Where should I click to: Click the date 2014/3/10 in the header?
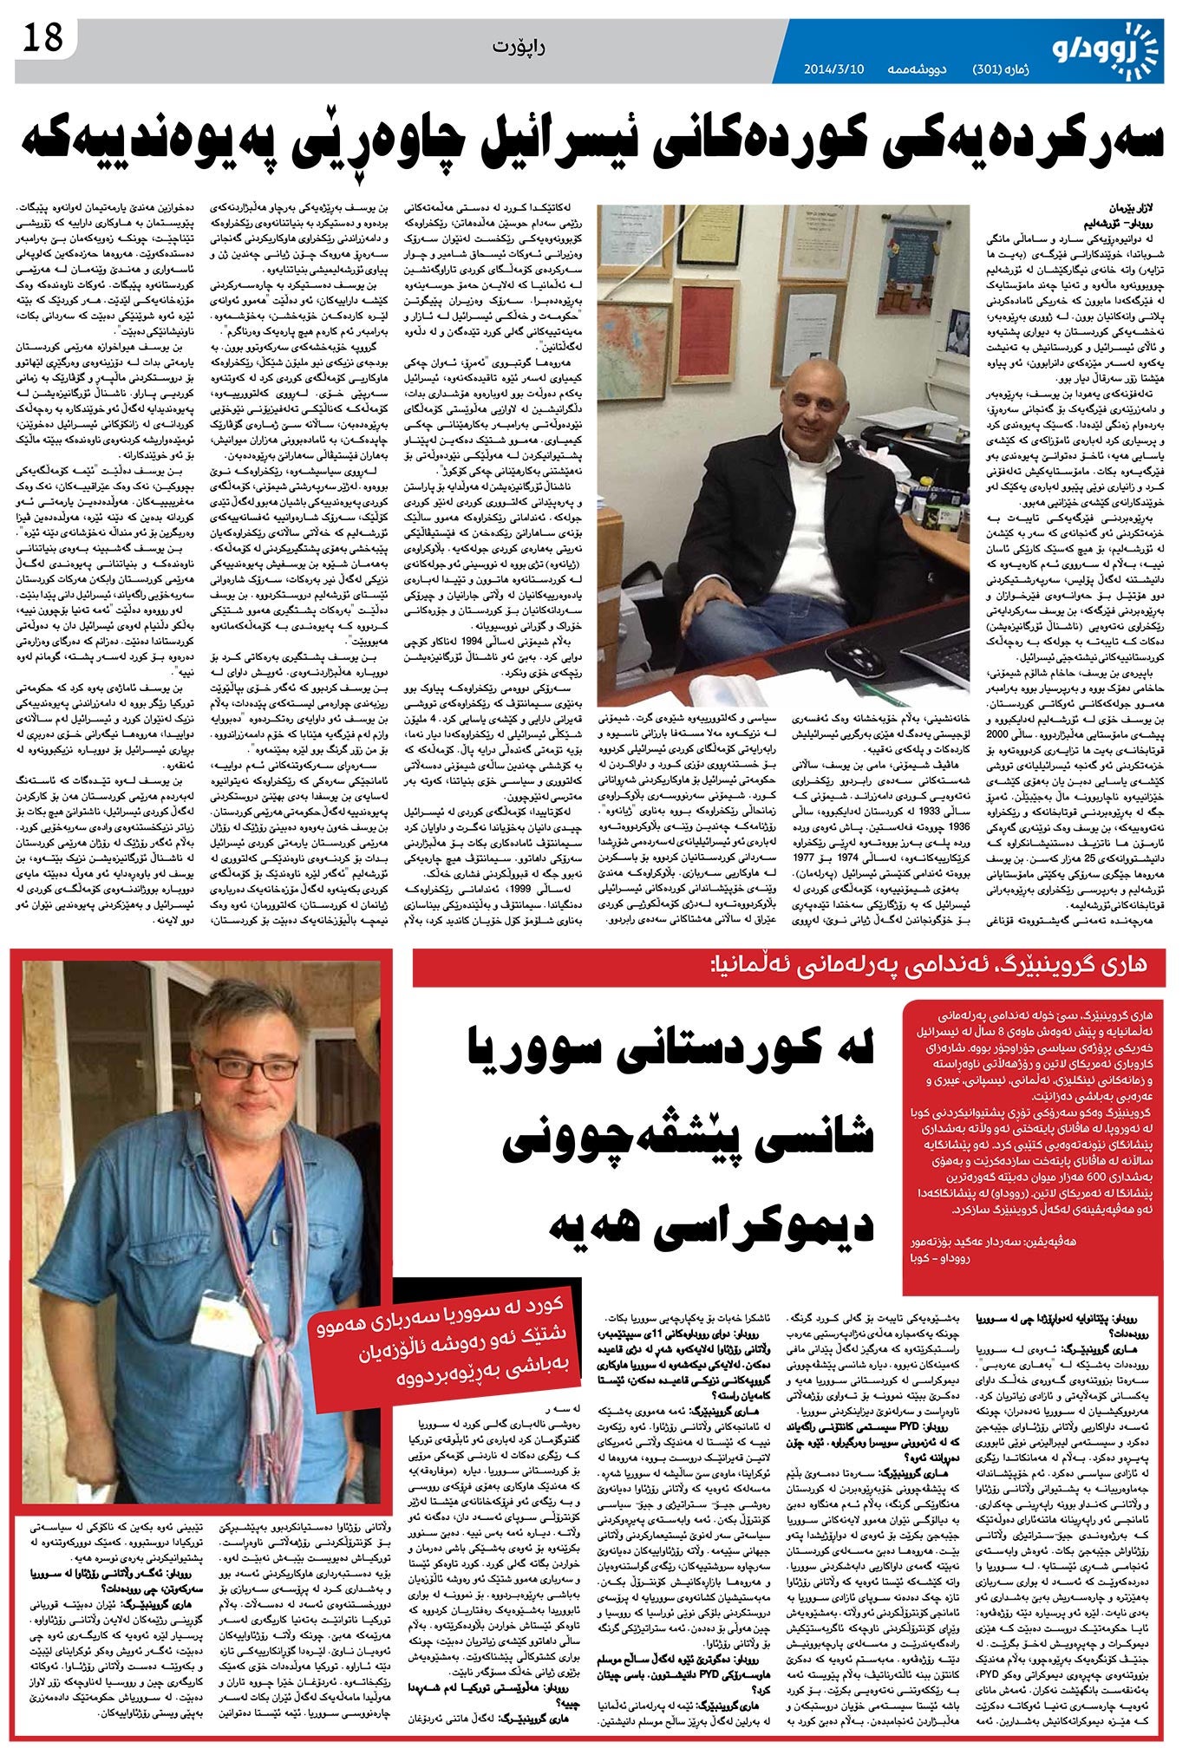(x=832, y=69)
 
